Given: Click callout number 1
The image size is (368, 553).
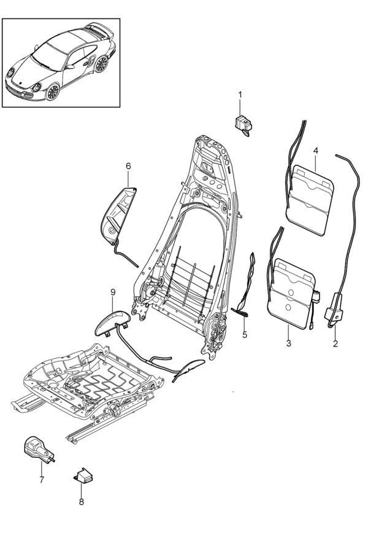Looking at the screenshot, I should pos(240,95).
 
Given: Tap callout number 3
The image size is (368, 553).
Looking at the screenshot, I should pos(288,343).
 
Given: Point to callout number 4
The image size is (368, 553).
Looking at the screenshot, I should pos(315,150).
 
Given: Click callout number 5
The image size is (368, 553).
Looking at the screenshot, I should pos(244,335).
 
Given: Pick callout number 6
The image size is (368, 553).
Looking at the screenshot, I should pos(128,166).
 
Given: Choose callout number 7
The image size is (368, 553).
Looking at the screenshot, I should pos(42,479).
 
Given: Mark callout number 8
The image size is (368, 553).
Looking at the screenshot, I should pos(81,501).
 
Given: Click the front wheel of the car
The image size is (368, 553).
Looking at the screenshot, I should pos(53,92).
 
